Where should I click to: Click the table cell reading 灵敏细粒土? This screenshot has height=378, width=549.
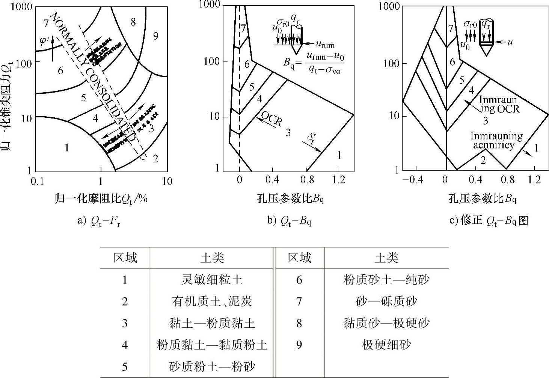pyautogui.click(x=212, y=280)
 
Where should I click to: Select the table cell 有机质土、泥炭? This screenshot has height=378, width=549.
pyautogui.click(x=212, y=301)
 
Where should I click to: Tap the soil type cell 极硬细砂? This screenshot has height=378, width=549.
pyautogui.click(x=386, y=345)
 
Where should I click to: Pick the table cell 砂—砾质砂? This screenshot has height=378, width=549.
pyautogui.click(x=386, y=301)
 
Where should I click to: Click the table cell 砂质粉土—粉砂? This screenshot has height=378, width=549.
pyautogui.click(x=212, y=366)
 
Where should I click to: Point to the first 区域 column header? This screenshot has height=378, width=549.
pyautogui.click(x=125, y=258)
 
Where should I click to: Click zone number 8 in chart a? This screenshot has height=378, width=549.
pyautogui.click(x=133, y=22)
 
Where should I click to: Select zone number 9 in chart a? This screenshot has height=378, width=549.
pyautogui.click(x=155, y=36)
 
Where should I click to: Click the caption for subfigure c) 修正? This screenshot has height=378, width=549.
pyautogui.click(x=489, y=220)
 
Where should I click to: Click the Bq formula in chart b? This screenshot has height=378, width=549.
pyautogui.click(x=314, y=63)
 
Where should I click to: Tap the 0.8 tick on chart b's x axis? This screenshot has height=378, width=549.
pyautogui.click(x=307, y=180)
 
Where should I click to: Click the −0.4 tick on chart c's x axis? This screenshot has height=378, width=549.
pyautogui.click(x=412, y=180)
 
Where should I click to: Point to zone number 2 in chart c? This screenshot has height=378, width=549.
pyautogui.click(x=483, y=160)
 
